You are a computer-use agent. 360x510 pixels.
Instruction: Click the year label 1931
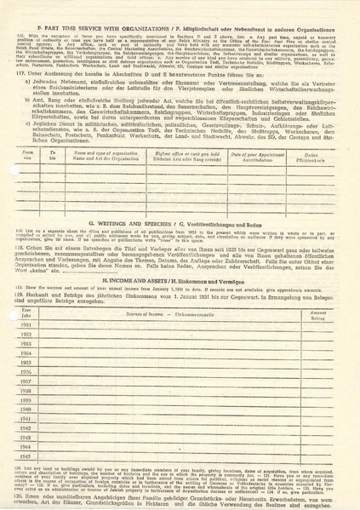[x=25, y=329]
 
